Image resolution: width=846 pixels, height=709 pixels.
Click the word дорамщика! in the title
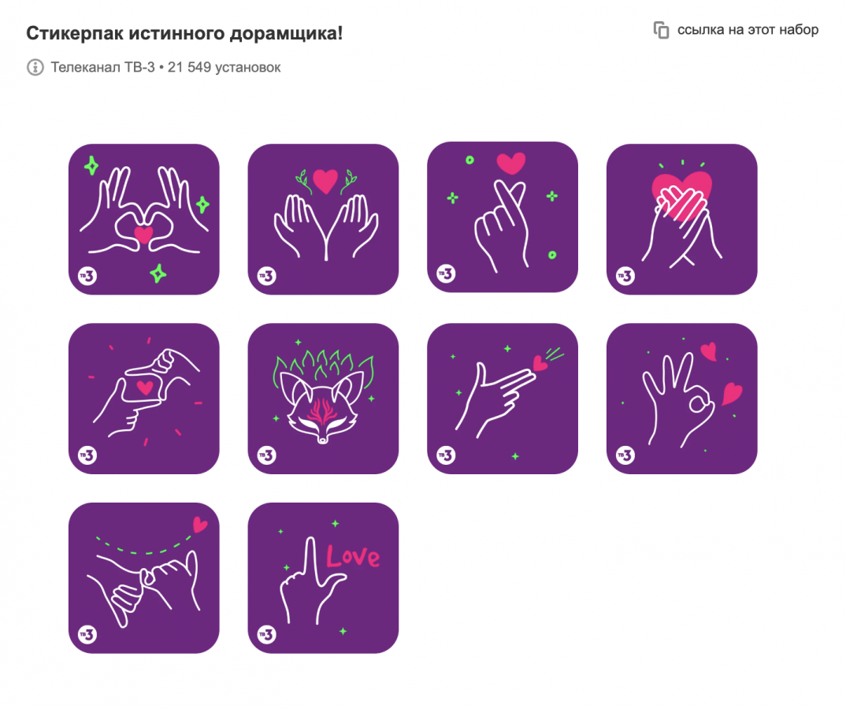[286, 33]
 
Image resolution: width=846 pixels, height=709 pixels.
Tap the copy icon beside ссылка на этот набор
[661, 30]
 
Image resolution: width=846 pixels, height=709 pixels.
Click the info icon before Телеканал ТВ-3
[35, 68]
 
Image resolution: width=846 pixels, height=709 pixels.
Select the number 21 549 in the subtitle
[189, 68]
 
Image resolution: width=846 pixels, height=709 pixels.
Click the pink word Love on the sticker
[353, 556]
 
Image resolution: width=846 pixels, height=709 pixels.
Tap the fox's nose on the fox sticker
[322, 440]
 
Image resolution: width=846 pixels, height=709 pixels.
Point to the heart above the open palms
[325, 180]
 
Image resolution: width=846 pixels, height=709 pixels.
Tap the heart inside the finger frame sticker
[145, 387]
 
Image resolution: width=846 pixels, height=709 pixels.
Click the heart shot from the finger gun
[540, 364]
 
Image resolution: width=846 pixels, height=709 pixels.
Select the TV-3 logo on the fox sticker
[266, 455]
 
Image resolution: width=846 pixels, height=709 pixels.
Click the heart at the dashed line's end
[200, 524]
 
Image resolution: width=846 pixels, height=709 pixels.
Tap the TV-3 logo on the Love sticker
[266, 634]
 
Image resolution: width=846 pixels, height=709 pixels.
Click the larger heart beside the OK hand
[732, 393]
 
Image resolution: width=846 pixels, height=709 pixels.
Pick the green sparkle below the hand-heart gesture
[158, 273]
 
